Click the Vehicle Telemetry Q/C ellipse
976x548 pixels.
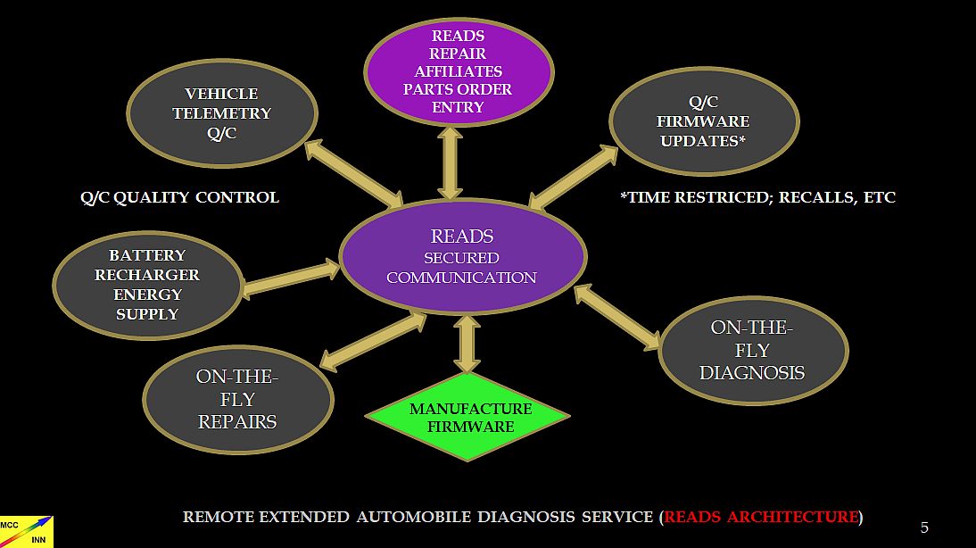tap(222, 113)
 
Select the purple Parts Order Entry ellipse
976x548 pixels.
tap(459, 71)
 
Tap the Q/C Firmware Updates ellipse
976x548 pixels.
tap(703, 122)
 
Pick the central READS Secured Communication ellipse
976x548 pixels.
tap(462, 256)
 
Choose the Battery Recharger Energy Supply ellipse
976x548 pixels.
tap(147, 285)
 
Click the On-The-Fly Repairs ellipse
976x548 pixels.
tap(237, 399)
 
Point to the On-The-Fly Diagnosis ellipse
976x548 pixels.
tap(752, 350)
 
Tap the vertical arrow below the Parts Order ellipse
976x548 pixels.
tap(451, 162)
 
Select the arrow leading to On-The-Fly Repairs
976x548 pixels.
tap(373, 341)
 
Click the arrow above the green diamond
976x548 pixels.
tap(467, 344)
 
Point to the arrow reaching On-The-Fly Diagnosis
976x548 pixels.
tap(617, 317)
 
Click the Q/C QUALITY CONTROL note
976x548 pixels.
tap(179, 197)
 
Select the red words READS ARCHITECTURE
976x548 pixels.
tap(761, 517)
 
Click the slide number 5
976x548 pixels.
tap(924, 527)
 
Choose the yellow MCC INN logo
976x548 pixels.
tap(27, 531)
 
